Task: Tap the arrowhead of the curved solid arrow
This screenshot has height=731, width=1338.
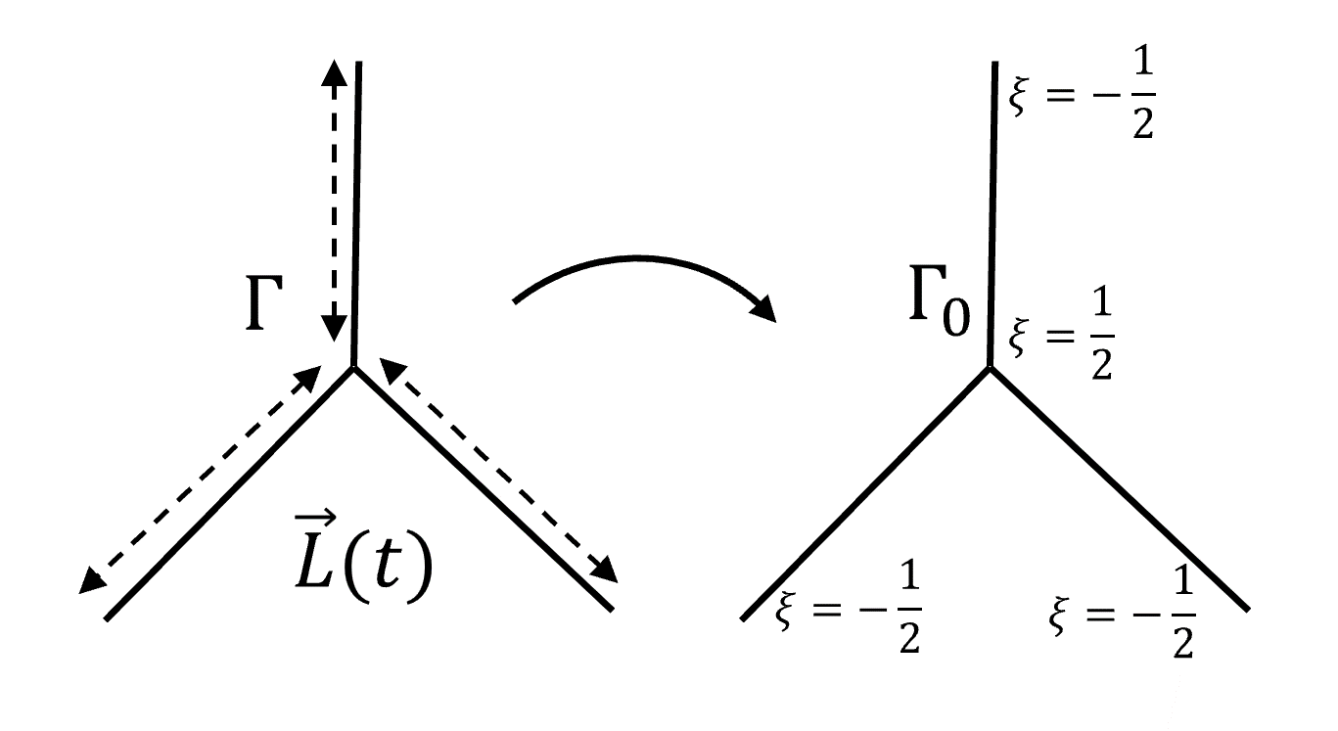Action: [x=764, y=309]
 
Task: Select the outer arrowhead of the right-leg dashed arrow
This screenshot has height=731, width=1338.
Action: [x=607, y=570]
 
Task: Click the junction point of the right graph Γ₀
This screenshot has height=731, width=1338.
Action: [x=990, y=367]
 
